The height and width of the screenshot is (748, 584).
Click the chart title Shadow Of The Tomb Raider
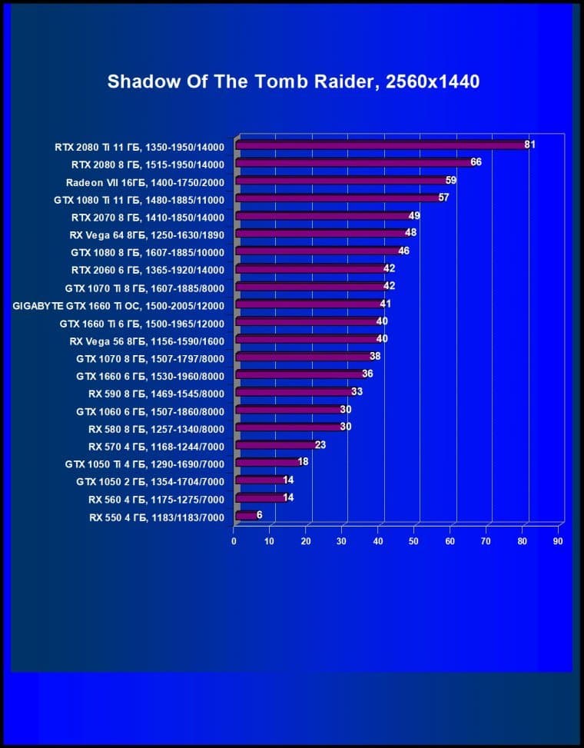(x=293, y=81)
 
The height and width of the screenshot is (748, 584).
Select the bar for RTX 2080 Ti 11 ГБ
(x=380, y=145)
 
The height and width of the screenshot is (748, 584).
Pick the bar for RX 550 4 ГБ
(x=246, y=516)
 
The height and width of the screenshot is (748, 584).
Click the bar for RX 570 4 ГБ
(x=275, y=445)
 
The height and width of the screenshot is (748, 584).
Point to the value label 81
(x=529, y=144)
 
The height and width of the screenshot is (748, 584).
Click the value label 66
(x=476, y=162)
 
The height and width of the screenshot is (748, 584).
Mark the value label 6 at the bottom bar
(x=260, y=515)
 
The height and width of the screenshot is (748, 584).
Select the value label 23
(x=320, y=444)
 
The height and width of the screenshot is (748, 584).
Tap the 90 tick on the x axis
(x=558, y=541)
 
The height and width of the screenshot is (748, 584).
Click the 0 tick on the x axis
(x=234, y=541)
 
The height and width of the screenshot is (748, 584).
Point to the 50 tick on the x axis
(x=414, y=541)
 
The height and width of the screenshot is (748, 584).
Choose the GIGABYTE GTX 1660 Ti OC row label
(x=118, y=305)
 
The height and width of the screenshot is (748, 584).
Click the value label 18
(x=303, y=461)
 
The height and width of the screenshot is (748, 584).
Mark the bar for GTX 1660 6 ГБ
(x=299, y=374)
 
